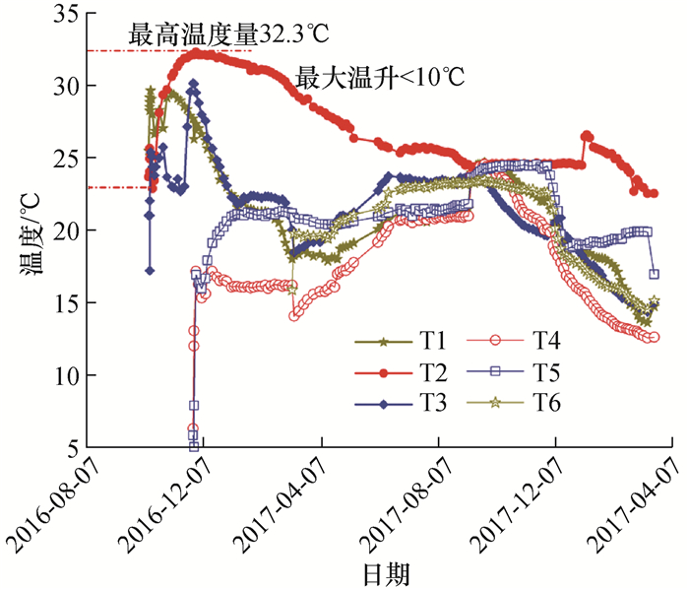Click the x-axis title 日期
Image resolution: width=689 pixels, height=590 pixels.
[384, 572]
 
